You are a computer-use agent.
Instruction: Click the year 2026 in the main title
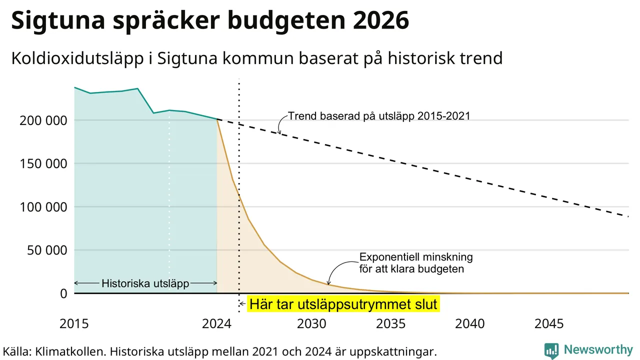[x=381, y=20]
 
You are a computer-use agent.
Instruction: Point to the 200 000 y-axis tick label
[x=43, y=120]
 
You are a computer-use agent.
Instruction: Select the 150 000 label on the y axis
[x=43, y=164]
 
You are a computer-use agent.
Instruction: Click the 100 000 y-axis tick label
[x=43, y=207]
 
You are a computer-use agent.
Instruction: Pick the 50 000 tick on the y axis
[x=47, y=250]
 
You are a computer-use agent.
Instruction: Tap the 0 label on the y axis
[x=63, y=293]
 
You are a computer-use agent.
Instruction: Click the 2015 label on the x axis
[x=74, y=323]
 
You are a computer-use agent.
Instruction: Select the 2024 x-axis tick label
[x=216, y=323]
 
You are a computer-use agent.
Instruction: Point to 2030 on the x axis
[x=311, y=323]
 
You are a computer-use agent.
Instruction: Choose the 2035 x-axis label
[x=390, y=323]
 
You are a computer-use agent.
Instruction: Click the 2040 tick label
[x=469, y=323]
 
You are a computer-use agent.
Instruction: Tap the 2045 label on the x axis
[x=549, y=323]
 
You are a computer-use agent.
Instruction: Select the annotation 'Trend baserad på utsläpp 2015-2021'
[x=379, y=116]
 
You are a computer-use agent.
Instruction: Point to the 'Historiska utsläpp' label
[x=145, y=283]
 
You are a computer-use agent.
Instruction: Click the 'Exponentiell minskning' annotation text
[x=416, y=257]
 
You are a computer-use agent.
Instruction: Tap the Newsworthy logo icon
[x=551, y=350]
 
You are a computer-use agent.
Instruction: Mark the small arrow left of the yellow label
[x=242, y=304]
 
